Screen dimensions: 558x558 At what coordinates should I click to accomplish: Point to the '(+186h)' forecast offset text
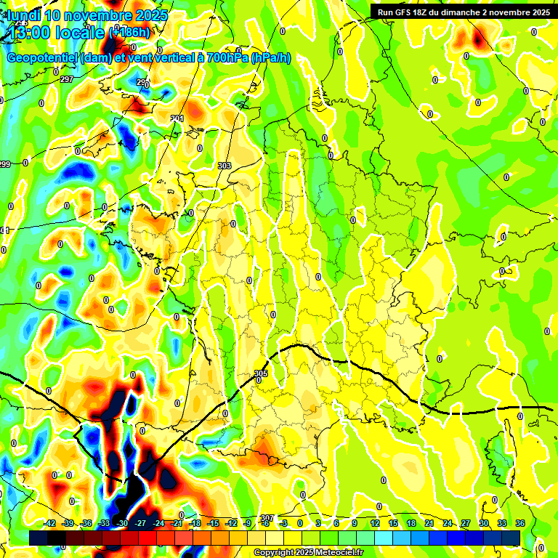[x=129, y=32]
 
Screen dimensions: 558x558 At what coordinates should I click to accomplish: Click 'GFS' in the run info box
[x=402, y=12]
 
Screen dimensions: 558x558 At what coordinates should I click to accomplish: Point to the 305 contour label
[x=262, y=373]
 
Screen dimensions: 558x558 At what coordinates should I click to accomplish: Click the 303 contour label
[x=224, y=166]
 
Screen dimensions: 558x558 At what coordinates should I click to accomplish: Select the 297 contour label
[x=67, y=79]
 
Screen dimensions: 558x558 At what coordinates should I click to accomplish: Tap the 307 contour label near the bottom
[x=267, y=518]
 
